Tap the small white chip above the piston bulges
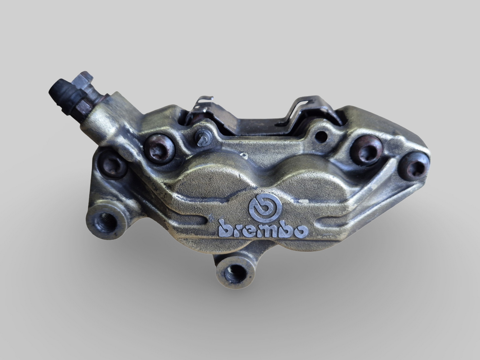pyautogui.click(x=245, y=155)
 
